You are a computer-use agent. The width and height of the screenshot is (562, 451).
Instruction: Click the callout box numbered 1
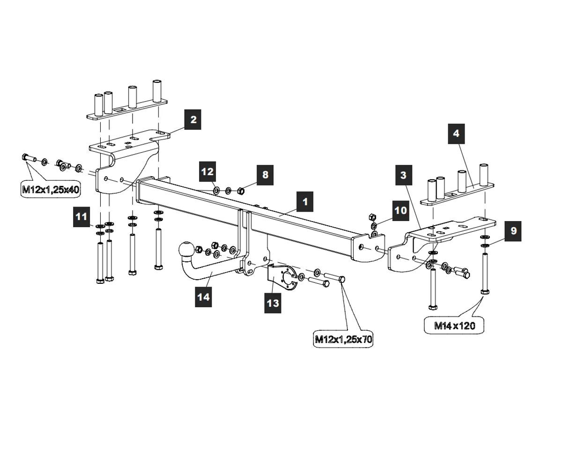305,202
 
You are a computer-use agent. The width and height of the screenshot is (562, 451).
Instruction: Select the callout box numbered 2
193,120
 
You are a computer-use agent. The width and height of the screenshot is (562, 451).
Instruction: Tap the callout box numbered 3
403,175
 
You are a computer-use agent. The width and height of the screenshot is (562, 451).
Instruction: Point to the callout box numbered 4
456,133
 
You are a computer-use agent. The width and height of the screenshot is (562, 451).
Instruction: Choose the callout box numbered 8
266,175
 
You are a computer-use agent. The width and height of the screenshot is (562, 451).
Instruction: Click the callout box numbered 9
513,230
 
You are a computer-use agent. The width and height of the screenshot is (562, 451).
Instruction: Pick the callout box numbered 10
401,210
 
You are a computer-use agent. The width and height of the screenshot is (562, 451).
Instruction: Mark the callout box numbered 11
82,216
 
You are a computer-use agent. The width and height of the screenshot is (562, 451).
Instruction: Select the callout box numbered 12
207,172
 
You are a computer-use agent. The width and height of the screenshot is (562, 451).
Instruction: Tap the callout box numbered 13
273,303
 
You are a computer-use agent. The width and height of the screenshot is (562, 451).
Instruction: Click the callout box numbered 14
204,297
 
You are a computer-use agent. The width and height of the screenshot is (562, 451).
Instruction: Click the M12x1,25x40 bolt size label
51,190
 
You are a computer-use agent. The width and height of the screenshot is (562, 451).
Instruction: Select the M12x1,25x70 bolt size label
343,339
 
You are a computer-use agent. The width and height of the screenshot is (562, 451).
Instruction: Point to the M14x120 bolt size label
454,325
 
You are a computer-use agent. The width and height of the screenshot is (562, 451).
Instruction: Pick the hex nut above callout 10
373,217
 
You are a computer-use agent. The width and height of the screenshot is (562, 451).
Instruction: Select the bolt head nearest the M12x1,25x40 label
25,158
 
